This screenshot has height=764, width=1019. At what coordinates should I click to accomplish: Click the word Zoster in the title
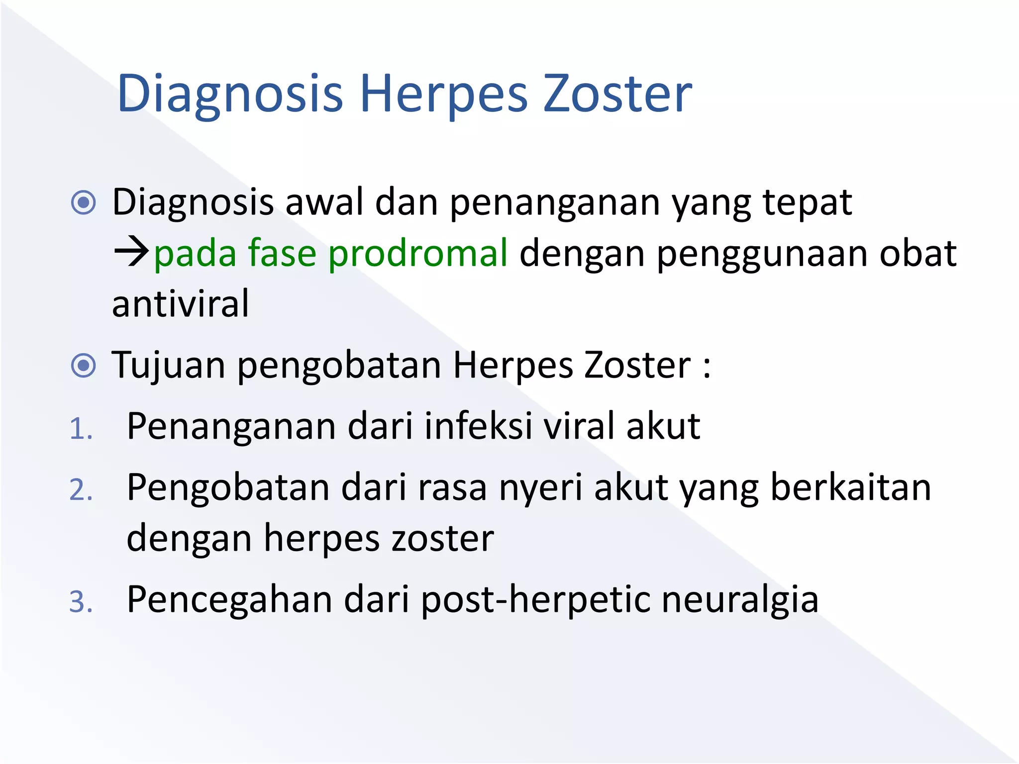tap(617, 94)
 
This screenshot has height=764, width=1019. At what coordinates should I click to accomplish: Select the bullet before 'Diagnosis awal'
tap(83, 202)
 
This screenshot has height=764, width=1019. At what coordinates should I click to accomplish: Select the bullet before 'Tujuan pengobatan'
tap(83, 366)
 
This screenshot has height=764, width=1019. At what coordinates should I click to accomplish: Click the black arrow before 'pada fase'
tap(131, 252)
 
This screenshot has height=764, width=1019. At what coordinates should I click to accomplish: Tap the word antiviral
tap(180, 303)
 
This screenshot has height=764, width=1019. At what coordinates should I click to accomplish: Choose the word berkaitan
tap(850, 487)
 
